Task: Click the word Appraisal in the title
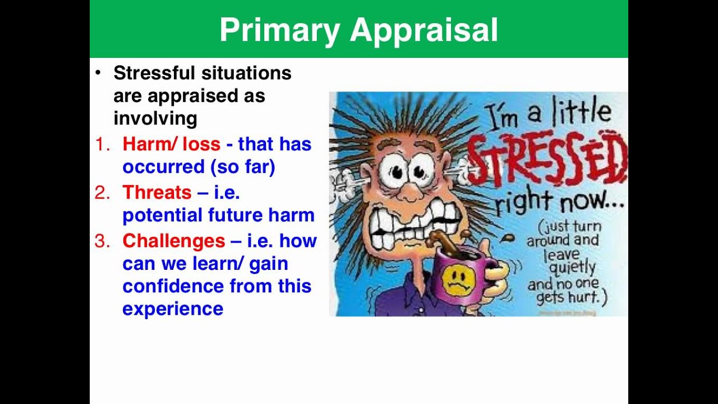click(424, 30)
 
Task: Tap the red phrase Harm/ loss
click(171, 144)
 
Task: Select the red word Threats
click(157, 192)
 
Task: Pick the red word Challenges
click(174, 241)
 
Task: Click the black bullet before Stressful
click(99, 73)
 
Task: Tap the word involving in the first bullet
click(155, 118)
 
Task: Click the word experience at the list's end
click(173, 309)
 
